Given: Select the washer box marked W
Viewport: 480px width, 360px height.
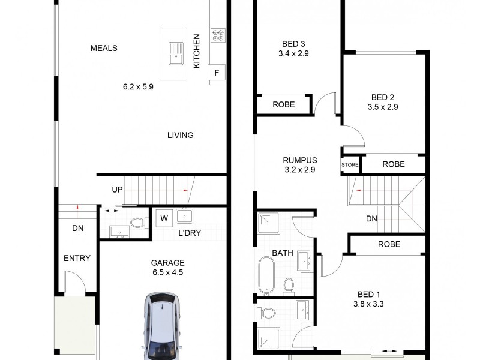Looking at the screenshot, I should coord(163,218).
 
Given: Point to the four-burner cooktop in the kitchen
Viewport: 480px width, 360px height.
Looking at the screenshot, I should coord(217,35).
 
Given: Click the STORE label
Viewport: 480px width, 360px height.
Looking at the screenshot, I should coord(350,164).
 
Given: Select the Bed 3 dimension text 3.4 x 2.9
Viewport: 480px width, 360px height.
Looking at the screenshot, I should coord(294,53).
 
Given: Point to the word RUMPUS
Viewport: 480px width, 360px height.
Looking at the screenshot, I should coord(300,160).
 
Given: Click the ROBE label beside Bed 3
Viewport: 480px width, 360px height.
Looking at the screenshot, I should coord(284,104).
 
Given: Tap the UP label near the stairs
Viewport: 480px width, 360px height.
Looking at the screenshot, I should coord(117,190).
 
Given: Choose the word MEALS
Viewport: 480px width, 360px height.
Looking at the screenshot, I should coord(104,48).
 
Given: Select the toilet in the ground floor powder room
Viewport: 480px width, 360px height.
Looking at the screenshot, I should coord(137,223).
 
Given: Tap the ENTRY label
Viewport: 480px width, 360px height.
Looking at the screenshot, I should coord(77,259).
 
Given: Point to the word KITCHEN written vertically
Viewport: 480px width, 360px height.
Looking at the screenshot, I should coord(196,51).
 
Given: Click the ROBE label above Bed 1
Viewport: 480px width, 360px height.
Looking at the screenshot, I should coord(389,244).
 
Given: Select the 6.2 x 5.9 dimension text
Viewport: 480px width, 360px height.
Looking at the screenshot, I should coord(139,86).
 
